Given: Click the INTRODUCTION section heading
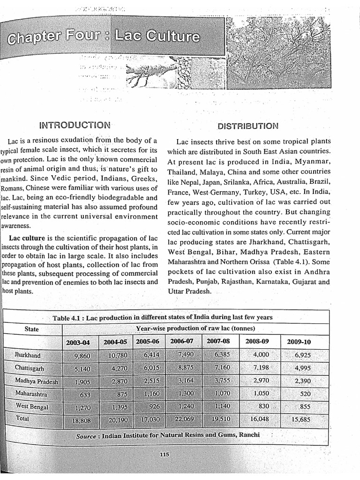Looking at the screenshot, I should coord(75,125).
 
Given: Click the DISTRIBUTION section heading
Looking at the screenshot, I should coord(248,126).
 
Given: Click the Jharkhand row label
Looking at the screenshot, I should coord(28,355).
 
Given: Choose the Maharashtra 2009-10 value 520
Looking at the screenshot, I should coord(305,394).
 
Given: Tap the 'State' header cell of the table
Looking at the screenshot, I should coord(31,329).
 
